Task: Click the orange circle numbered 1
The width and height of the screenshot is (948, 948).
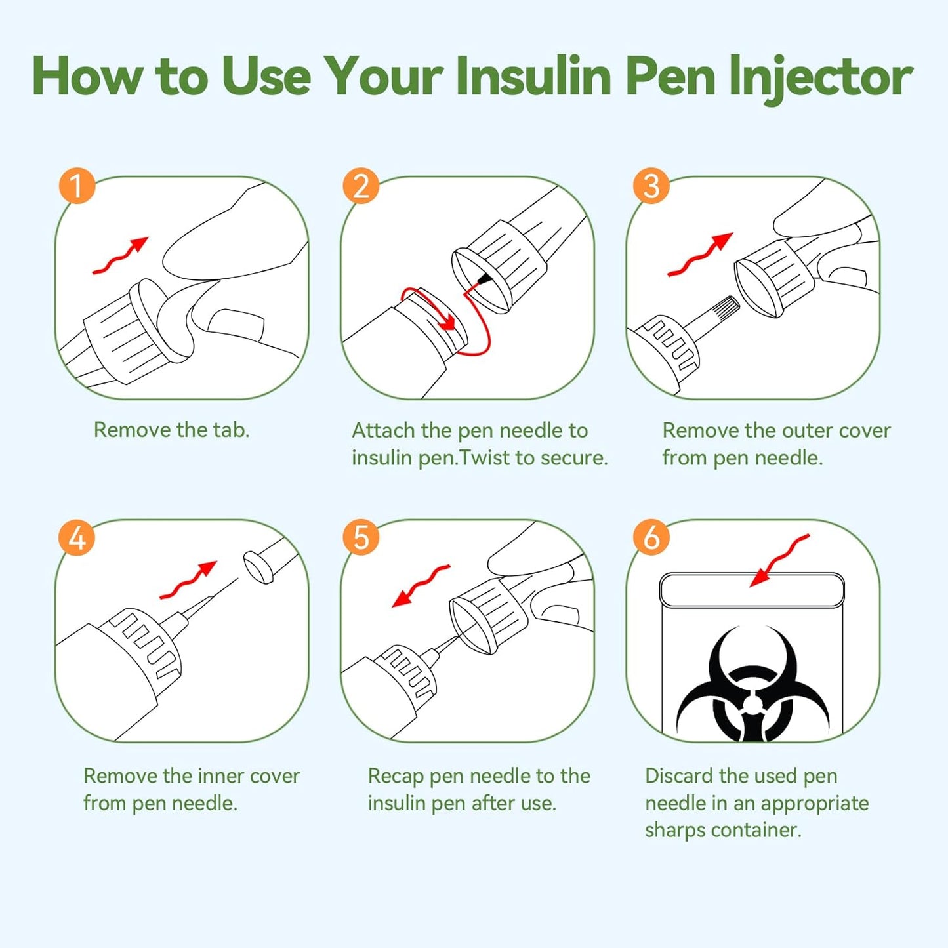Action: (x=77, y=186)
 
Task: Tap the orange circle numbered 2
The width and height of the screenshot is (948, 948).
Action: (x=361, y=186)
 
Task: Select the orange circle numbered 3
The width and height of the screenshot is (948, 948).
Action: (x=651, y=186)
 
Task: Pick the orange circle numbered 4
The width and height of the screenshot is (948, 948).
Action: (x=77, y=538)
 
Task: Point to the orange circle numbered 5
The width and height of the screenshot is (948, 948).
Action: (x=361, y=538)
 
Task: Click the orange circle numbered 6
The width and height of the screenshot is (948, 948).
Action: (x=651, y=538)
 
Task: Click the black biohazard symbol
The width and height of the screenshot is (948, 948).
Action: (x=752, y=686)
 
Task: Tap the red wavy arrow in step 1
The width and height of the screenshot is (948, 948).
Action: (x=121, y=256)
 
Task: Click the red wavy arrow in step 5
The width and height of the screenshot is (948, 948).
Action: (x=421, y=585)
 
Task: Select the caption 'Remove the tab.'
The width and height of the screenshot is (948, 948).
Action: (x=171, y=430)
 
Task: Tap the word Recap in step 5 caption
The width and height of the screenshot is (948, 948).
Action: (x=396, y=776)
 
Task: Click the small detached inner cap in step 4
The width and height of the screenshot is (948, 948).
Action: (x=258, y=567)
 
